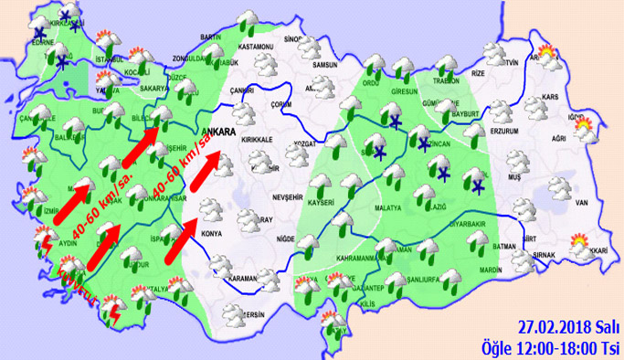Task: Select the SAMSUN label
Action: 324,65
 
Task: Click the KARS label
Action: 550,96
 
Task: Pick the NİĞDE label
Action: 286,238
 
